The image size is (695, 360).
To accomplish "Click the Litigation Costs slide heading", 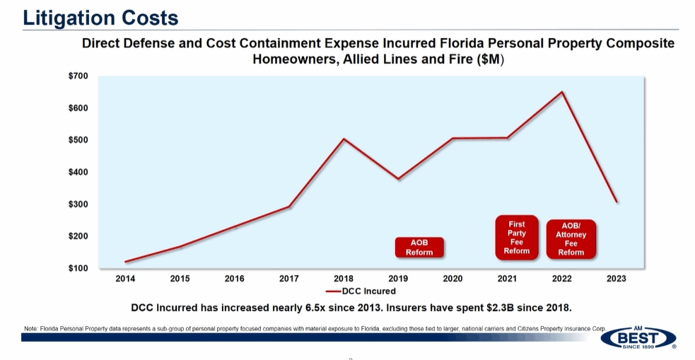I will point(100,17).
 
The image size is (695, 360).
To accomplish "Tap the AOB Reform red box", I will point(419,247).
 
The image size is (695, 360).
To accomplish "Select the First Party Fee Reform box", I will point(517,237).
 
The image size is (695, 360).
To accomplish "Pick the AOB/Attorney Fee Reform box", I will point(571,239).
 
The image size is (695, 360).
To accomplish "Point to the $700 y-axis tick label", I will point(78,76).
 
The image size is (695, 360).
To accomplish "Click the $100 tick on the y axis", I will point(78,268).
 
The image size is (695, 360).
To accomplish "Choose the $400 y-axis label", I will point(78,172).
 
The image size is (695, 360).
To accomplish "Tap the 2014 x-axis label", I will point(125,279).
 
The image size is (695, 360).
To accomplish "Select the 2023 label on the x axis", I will point(616,279).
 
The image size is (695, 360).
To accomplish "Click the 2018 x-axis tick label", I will point(344,279).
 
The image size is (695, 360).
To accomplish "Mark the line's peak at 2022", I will point(562,92).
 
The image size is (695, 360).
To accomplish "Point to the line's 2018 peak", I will point(344,139).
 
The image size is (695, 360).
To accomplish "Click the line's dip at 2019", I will point(398,179).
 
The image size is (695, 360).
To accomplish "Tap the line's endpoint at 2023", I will point(617,202).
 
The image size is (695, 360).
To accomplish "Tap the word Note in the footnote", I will point(30,329).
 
